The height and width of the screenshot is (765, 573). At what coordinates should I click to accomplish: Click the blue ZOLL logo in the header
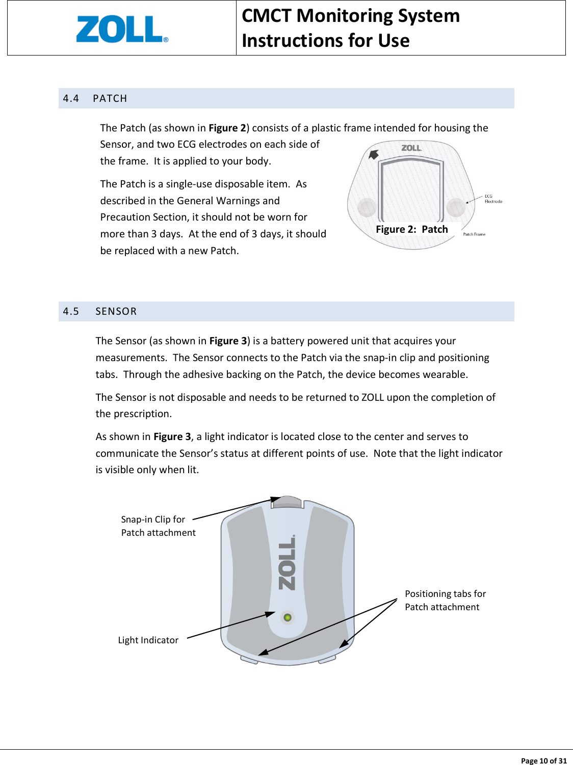pyautogui.click(x=121, y=29)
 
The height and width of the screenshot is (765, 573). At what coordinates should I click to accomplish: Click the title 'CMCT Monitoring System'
pyautogui.click(x=351, y=16)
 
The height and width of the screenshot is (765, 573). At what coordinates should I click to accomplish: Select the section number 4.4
pyautogui.click(x=71, y=98)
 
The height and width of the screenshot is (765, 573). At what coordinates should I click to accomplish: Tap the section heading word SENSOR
pyautogui.click(x=116, y=311)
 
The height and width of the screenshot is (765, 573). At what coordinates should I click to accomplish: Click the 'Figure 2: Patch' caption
pyautogui.click(x=412, y=229)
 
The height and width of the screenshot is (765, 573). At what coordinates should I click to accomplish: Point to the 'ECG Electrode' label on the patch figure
pyautogui.click(x=493, y=199)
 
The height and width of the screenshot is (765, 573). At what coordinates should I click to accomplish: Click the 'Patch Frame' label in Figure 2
pyautogui.click(x=474, y=234)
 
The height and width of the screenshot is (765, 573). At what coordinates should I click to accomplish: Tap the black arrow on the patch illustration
pyautogui.click(x=374, y=154)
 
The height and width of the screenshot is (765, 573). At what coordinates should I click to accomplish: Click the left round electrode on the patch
pyautogui.click(x=367, y=207)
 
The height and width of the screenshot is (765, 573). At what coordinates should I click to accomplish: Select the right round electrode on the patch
pyautogui.click(x=455, y=207)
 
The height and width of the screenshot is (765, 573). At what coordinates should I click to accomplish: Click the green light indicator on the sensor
pyautogui.click(x=288, y=617)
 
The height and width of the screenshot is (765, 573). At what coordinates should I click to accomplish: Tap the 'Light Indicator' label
pyautogui.click(x=148, y=640)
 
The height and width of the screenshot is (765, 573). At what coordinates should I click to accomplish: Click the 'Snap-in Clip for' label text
pyautogui.click(x=153, y=520)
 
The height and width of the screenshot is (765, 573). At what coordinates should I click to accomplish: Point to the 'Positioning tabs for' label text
pyautogui.click(x=445, y=594)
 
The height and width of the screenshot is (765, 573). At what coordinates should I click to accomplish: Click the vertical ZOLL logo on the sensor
pyautogui.click(x=287, y=563)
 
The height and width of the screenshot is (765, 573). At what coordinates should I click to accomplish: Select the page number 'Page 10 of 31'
pyautogui.click(x=543, y=760)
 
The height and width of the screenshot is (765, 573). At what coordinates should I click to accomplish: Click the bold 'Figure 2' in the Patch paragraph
pyautogui.click(x=227, y=128)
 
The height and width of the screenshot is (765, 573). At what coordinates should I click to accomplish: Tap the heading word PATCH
pyautogui.click(x=110, y=98)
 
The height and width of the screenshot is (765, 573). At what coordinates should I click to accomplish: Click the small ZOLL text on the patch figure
pyautogui.click(x=411, y=148)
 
